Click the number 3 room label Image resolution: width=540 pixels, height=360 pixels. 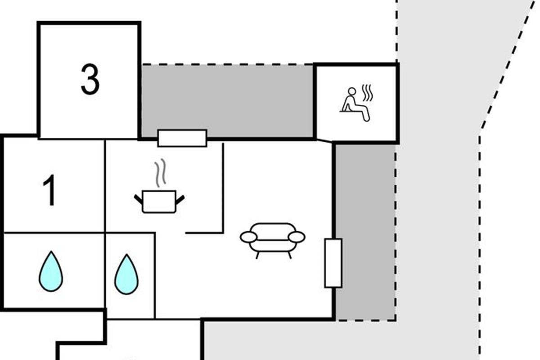90,79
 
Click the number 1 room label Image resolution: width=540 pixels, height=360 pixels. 49,190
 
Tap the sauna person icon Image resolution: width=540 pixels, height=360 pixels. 355,104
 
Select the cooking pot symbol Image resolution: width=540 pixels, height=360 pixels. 159,202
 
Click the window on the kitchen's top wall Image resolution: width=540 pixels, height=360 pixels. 182,138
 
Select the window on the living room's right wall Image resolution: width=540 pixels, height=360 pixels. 333,263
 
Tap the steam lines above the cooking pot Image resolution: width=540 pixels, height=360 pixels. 161,173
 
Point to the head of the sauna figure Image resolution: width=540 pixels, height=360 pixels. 352,91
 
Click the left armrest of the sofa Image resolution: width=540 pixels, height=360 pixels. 248,237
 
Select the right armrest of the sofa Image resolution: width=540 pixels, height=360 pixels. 297,237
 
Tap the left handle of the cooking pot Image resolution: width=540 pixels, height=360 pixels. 139,199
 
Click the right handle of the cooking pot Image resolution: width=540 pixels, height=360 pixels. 180,200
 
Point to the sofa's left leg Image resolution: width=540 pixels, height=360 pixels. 258,255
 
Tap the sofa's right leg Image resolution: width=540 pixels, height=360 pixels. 289,255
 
